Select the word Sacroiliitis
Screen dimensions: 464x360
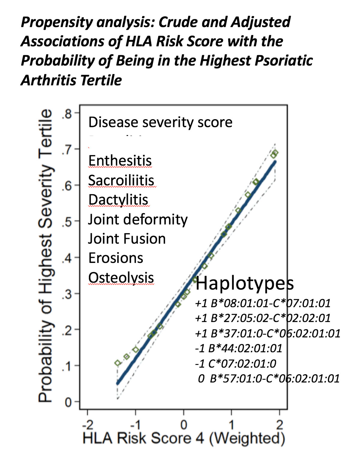click(121, 180)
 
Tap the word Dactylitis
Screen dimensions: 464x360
click(118, 200)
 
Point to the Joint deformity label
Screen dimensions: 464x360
click(138, 219)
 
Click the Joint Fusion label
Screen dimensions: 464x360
click(127, 239)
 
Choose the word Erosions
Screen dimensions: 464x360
click(116, 258)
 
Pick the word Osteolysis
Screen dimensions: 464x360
click(121, 278)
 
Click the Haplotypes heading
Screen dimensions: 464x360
click(244, 283)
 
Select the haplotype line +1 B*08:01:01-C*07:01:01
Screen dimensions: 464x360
click(263, 303)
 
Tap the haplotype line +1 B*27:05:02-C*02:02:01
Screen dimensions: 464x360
click(263, 318)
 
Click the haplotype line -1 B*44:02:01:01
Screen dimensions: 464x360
click(239, 348)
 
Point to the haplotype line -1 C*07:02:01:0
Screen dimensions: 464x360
click(236, 363)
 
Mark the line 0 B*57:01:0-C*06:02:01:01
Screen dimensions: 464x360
click(269, 378)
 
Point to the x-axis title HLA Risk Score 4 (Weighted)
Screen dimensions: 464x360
click(184, 438)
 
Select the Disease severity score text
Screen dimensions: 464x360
click(160, 122)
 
